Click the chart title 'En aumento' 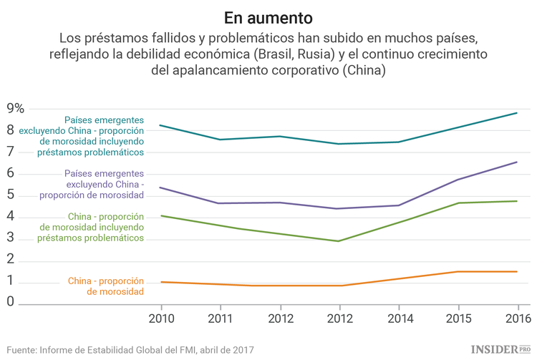[x=268, y=16]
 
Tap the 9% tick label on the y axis [x=15, y=109]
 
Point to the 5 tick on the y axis [x=11, y=195]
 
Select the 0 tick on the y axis [x=11, y=303]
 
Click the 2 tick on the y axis [x=11, y=259]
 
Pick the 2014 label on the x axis [x=399, y=318]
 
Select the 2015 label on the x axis [x=458, y=318]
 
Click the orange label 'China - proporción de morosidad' [x=106, y=286]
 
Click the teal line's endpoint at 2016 [x=516, y=113]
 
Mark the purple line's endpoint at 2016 [x=516, y=162]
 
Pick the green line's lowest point [x=339, y=241]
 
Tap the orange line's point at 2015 [x=458, y=271]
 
